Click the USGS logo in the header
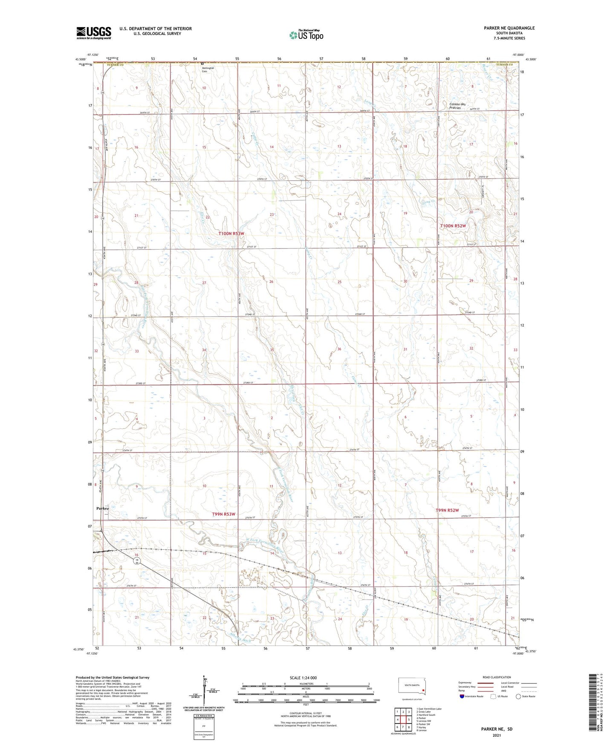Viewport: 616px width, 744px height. (94, 33)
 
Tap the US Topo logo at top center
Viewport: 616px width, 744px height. (306, 35)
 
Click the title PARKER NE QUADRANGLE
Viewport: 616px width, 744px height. (509, 28)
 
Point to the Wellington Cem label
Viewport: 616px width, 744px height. (208, 69)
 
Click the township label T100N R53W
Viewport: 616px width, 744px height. (231, 234)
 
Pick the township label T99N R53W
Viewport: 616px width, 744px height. (224, 514)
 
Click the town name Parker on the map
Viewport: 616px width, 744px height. (103, 508)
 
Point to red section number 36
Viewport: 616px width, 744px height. (339, 349)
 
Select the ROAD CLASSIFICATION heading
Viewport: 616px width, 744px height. (497, 677)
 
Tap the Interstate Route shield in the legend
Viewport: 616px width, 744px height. (462, 696)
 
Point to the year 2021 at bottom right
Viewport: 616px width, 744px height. (496, 735)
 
